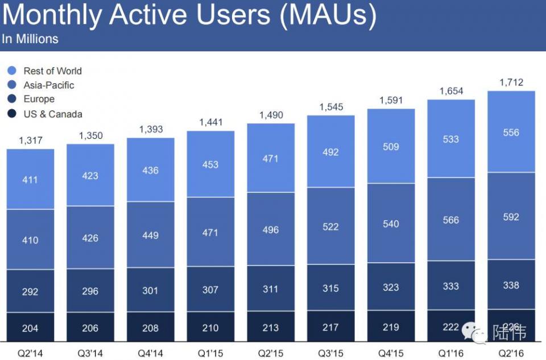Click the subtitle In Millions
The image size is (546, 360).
[x=30, y=39]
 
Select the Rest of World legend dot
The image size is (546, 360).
[x=12, y=71]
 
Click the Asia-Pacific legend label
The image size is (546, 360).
[x=49, y=85]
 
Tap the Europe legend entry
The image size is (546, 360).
[x=39, y=100]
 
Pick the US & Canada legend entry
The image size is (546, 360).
[x=52, y=114]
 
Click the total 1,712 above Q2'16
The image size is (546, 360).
[x=511, y=83]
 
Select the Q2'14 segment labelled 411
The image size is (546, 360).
[x=30, y=180]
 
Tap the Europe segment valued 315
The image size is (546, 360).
[x=330, y=288]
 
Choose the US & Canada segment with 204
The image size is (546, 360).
[x=30, y=328]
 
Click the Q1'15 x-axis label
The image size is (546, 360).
[x=210, y=353]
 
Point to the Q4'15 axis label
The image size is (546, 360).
[x=391, y=353]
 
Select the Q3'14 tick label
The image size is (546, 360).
[x=90, y=353]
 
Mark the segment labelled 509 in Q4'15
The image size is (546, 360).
[x=391, y=147]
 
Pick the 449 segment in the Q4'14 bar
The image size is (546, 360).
[x=150, y=235]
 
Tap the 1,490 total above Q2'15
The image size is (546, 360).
[x=271, y=115]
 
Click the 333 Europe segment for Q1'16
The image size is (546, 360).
[x=450, y=285]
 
